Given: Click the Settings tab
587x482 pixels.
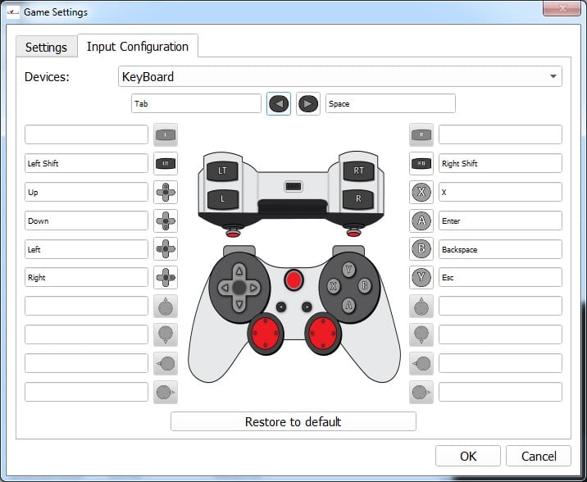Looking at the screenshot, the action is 47,48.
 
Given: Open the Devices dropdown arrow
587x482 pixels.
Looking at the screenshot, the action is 553,76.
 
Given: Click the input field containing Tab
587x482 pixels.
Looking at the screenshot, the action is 196,103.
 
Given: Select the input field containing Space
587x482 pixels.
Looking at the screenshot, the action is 390,103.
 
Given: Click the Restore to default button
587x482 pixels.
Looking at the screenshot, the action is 293,421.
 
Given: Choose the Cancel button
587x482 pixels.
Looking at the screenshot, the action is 539,456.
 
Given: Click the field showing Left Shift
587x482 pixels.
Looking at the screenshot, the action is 86,163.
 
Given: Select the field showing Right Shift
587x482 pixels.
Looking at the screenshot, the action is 500,163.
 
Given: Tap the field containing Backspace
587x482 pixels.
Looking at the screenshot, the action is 500,249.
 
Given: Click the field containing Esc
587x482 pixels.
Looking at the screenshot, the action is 500,277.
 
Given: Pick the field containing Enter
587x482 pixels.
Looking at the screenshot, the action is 500,221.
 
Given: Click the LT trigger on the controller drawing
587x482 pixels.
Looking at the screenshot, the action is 222,171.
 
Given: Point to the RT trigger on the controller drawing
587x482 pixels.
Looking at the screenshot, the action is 358,171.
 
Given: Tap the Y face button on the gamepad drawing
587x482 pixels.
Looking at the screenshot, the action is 349,269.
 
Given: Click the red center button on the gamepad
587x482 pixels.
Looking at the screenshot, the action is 293,280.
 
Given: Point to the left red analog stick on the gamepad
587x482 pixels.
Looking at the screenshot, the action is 266,333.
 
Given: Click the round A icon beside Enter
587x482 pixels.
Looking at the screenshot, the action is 421,221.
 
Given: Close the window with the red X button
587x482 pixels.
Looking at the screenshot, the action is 562,8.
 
